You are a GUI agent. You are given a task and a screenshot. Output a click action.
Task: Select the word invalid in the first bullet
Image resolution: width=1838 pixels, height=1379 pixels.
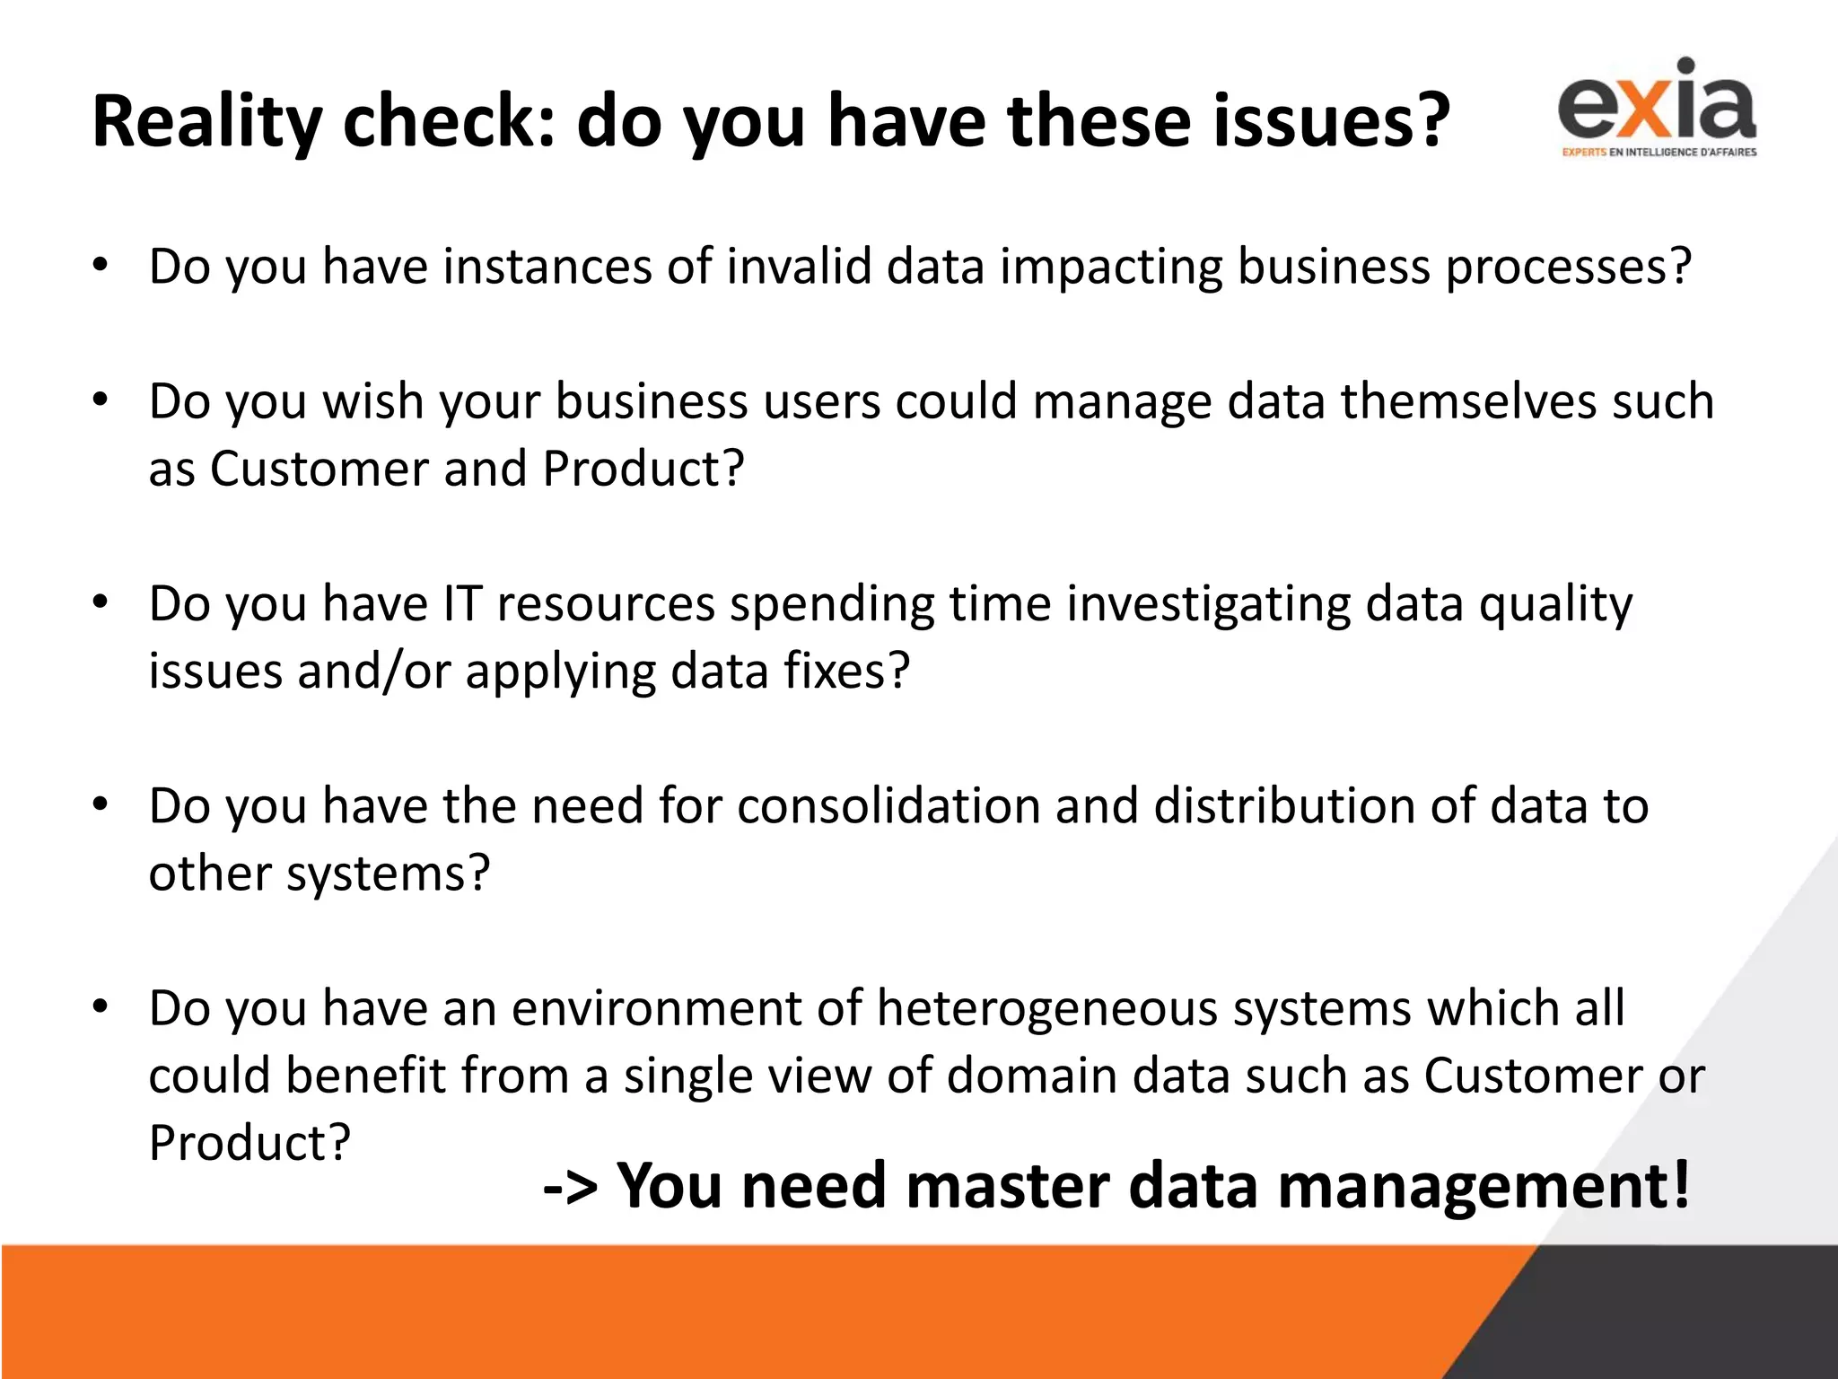click(799, 267)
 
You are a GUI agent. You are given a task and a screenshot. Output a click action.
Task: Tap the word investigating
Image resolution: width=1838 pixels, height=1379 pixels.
click(1208, 605)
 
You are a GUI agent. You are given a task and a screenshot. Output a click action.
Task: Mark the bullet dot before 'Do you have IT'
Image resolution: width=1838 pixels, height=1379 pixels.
click(100, 602)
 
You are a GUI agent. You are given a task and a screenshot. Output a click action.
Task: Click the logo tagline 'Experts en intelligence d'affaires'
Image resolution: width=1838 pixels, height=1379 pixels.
click(1659, 153)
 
